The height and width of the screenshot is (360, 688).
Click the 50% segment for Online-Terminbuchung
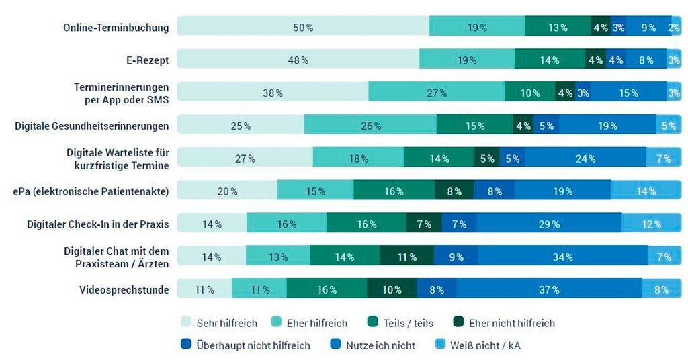(303, 28)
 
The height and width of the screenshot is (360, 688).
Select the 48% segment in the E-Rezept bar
(298, 60)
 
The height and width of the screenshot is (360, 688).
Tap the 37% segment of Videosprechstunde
(549, 289)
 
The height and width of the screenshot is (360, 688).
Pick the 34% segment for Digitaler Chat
(562, 257)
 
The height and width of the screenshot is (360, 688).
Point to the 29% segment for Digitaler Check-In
(549, 224)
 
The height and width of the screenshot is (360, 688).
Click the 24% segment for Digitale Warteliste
(585, 159)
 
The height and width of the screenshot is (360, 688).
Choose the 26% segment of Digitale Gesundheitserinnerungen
(370, 126)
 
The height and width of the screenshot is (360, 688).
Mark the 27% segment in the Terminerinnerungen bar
(437, 93)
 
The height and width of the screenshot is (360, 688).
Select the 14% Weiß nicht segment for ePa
(646, 191)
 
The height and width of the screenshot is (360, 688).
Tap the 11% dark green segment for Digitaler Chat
(406, 257)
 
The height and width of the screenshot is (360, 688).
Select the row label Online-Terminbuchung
(116, 28)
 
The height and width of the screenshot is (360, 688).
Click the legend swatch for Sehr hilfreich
(185, 323)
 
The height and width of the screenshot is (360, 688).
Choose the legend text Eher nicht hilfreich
(512, 323)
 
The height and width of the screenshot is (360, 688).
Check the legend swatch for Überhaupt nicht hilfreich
(185, 345)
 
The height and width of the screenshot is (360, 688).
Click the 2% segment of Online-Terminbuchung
(674, 28)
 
